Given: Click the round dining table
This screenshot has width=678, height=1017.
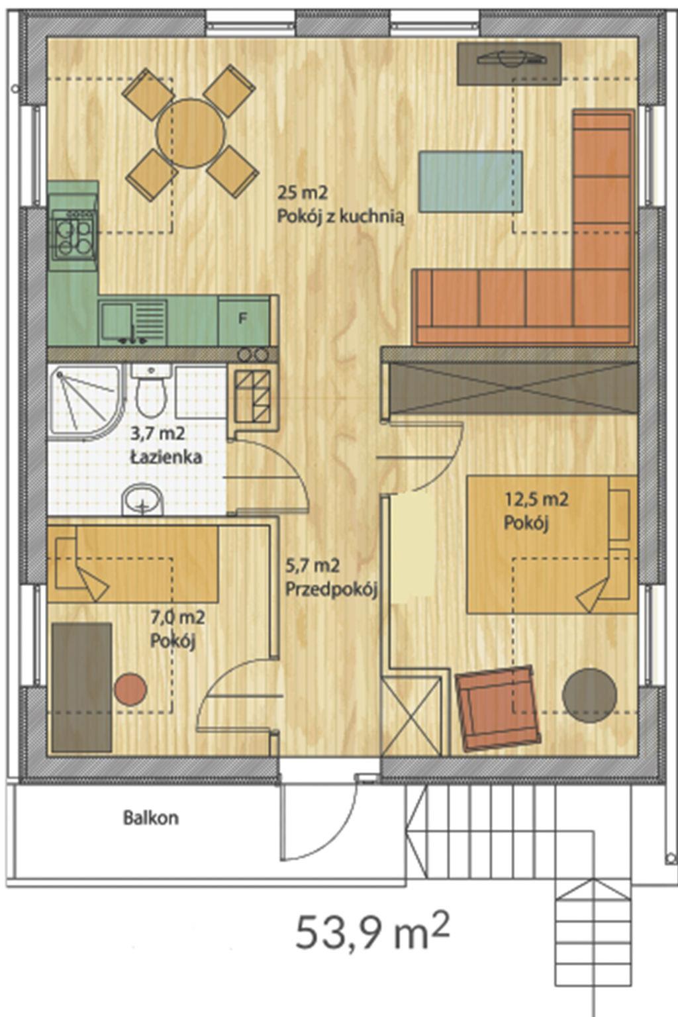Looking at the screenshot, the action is pyautogui.click(x=191, y=132).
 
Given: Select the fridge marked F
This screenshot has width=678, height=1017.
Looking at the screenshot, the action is pyautogui.click(x=243, y=320).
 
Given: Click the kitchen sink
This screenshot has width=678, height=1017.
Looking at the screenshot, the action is pyautogui.click(x=133, y=321).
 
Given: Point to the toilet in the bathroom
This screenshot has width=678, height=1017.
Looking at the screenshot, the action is pyautogui.click(x=151, y=391).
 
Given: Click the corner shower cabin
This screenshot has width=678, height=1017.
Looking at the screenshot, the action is pyautogui.click(x=86, y=403).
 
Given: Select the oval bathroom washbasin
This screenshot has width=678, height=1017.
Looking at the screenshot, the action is pyautogui.click(x=142, y=499).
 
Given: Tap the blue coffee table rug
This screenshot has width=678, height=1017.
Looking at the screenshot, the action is pyautogui.click(x=471, y=181).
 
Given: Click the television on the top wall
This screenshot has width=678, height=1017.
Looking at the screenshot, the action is pyautogui.click(x=509, y=64).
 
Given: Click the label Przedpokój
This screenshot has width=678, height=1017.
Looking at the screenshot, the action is pyautogui.click(x=332, y=589).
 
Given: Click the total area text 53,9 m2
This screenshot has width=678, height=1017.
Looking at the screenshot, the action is pyautogui.click(x=372, y=932).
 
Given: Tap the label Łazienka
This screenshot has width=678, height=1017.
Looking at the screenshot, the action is pyautogui.click(x=166, y=458).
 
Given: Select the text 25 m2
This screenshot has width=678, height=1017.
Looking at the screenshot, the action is pyautogui.click(x=302, y=193).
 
